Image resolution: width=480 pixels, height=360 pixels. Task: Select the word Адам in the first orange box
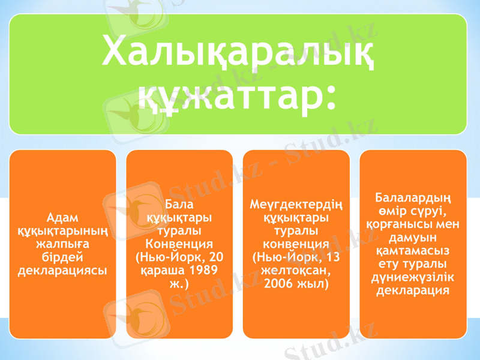[62, 217]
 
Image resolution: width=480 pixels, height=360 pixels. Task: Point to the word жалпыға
[62, 244]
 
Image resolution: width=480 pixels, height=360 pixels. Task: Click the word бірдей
[62, 257]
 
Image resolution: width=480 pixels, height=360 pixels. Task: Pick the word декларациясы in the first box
[62, 270]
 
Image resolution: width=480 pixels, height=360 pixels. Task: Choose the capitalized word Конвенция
[179, 244]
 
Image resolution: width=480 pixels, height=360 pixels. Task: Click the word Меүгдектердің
[296, 205]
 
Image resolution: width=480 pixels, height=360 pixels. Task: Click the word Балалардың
[413, 198]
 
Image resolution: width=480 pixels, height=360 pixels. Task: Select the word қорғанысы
[398, 224]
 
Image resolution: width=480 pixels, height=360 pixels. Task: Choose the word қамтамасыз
[413, 251]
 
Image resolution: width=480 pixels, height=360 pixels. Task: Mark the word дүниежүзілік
[413, 277]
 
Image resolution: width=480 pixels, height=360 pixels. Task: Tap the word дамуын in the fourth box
[413, 238]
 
